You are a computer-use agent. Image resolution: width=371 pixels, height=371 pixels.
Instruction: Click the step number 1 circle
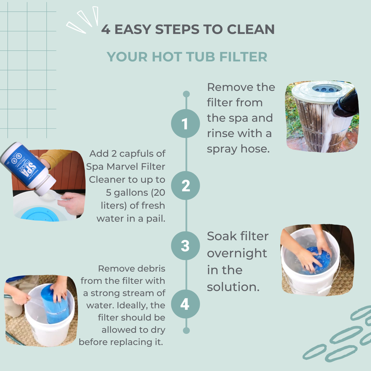tap(185, 124)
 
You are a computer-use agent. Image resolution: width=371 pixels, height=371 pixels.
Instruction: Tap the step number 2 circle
tap(185, 185)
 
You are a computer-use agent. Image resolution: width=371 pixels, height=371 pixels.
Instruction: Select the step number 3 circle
tap(185, 245)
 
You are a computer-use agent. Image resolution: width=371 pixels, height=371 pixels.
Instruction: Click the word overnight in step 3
tap(237, 253)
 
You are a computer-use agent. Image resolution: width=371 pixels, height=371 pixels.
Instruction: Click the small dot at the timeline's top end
tap(186, 94)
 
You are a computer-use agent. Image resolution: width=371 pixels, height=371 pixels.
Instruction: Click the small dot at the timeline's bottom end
tap(186, 330)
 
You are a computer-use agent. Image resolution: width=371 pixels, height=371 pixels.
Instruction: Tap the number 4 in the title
tap(106, 30)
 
